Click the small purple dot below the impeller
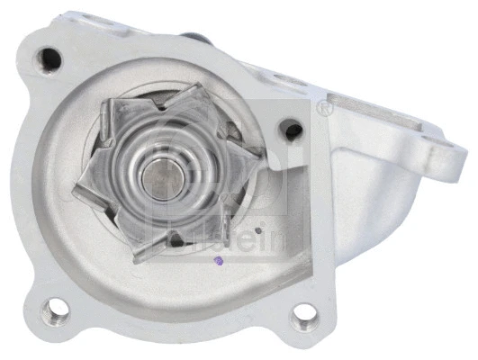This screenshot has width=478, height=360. pos(214,262)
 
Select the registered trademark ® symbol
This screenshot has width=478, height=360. pos(325,109)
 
